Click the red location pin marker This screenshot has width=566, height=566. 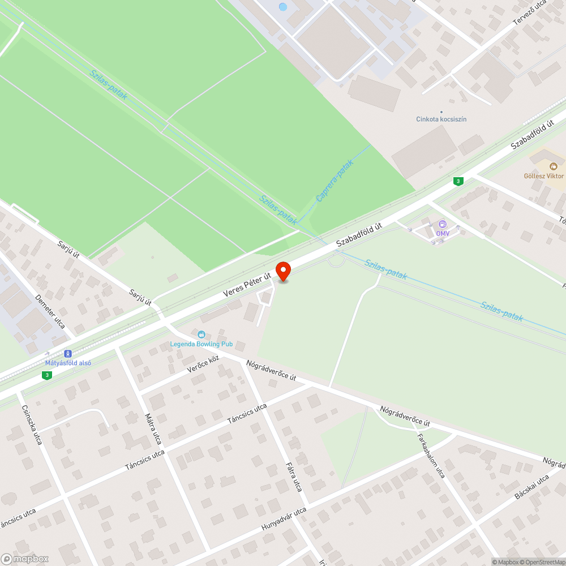(282, 271)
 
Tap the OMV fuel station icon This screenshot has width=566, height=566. (442, 224)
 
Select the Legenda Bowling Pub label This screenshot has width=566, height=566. (201, 344)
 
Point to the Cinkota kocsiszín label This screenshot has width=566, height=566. (441, 119)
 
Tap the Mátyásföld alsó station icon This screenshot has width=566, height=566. (68, 353)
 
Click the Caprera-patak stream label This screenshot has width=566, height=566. (335, 181)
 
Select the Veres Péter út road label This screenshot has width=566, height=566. (247, 283)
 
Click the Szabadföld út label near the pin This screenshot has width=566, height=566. (359, 234)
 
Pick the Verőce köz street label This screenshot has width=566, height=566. (203, 365)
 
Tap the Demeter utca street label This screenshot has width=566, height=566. (50, 311)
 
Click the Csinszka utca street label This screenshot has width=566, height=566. (32, 424)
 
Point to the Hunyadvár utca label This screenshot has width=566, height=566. (284, 519)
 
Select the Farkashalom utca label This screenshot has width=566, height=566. (431, 456)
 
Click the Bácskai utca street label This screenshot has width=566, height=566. (531, 487)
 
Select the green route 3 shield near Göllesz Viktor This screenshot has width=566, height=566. (458, 181)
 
